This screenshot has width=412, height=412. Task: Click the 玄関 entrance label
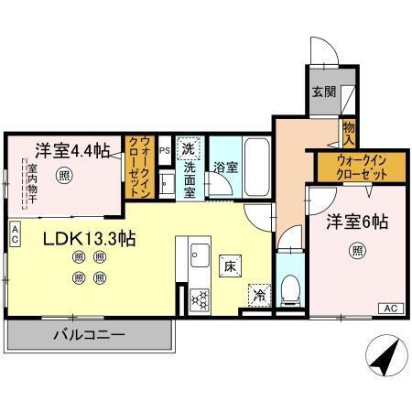click(322, 92)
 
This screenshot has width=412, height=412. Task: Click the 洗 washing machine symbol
click(187, 148)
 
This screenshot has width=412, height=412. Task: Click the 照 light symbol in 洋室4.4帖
click(63, 174)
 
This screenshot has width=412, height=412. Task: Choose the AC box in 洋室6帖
click(388, 309)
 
